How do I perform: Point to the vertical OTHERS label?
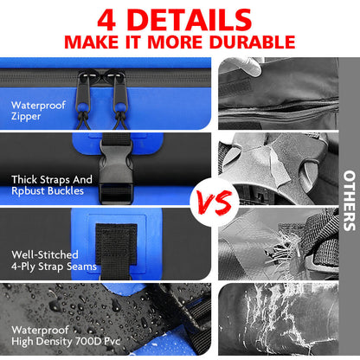[x=348, y=203]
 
